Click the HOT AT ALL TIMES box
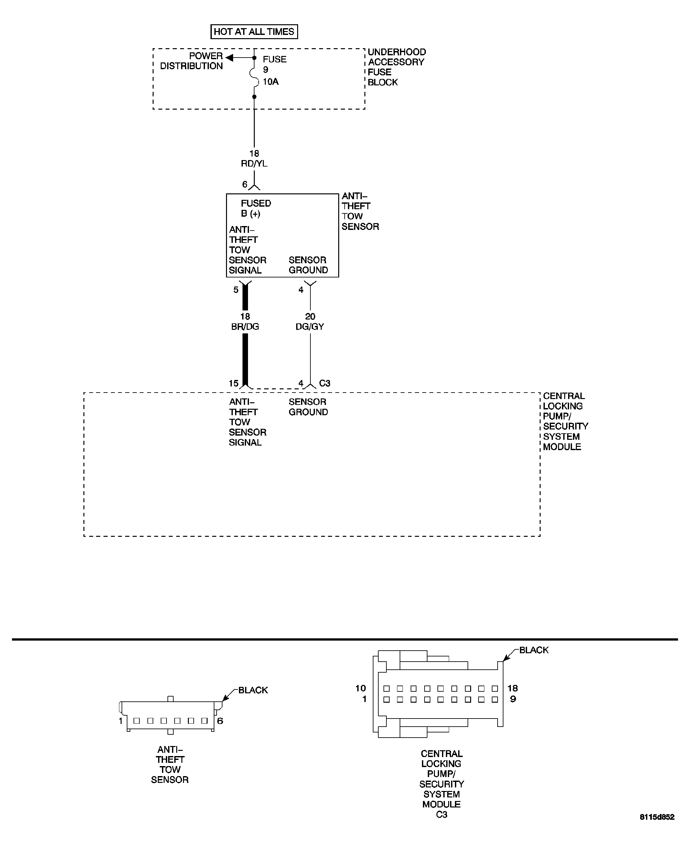pyautogui.click(x=254, y=32)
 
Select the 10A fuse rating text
pyautogui.click(x=271, y=82)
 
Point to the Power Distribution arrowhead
pyautogui.click(x=229, y=58)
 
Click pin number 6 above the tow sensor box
pyautogui.click(x=245, y=184)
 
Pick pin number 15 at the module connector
pyautogui.click(x=233, y=383)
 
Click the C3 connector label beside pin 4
pyautogui.click(x=325, y=383)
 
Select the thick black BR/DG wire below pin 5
pyautogui.click(x=245, y=358)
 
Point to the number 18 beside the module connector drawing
pyautogui.click(x=513, y=688)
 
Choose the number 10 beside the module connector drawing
pyautogui.click(x=361, y=688)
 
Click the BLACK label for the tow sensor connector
pyautogui.click(x=253, y=690)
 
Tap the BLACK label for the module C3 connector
pyautogui.click(x=534, y=650)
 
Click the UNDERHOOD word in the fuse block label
pyautogui.click(x=397, y=52)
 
